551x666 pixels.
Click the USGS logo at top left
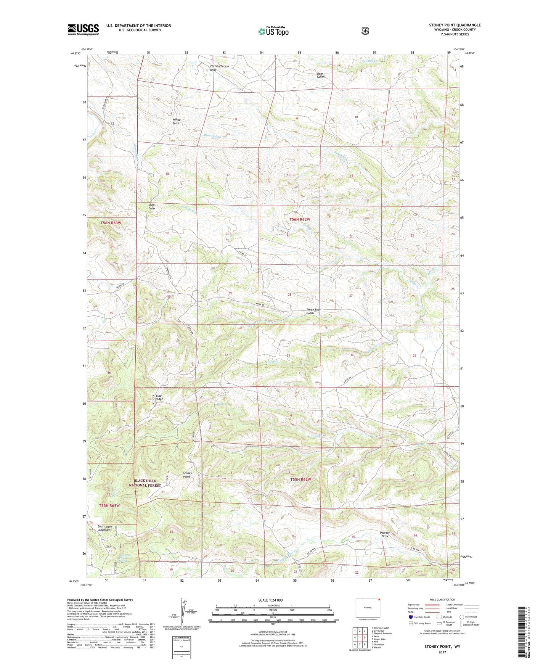[x=83, y=29]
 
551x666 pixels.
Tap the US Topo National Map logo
[x=273, y=31]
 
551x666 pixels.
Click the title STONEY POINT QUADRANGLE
[x=455, y=25]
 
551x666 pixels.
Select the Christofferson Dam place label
[x=220, y=68]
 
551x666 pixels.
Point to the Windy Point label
[x=176, y=121]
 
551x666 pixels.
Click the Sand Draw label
[x=152, y=207]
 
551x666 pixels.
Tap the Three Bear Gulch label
[x=313, y=311]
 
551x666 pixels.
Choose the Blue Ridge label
[x=159, y=397]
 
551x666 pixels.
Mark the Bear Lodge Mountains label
[x=105, y=528]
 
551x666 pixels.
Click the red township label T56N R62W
[x=300, y=219]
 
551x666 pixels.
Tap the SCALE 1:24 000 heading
[x=270, y=600]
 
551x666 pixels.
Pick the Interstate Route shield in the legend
[x=410, y=617]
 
